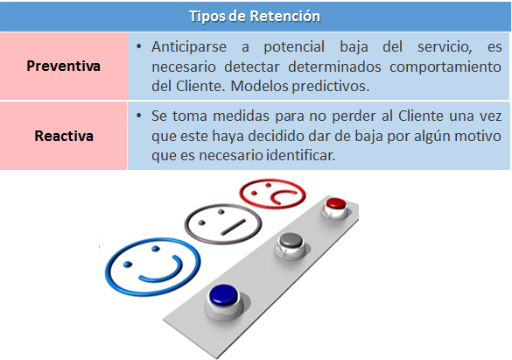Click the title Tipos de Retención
pos(255,16)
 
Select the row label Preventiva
pos(63,66)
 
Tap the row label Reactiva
pos(64,136)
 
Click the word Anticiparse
pos(189,47)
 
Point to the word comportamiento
pos(445,67)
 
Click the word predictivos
pos(331,87)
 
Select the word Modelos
pos(260,86)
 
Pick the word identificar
pos(301,155)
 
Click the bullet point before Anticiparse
pos(139,47)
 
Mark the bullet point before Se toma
pos(139,116)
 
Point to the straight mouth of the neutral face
pos(233,227)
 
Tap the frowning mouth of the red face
pos(282,195)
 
